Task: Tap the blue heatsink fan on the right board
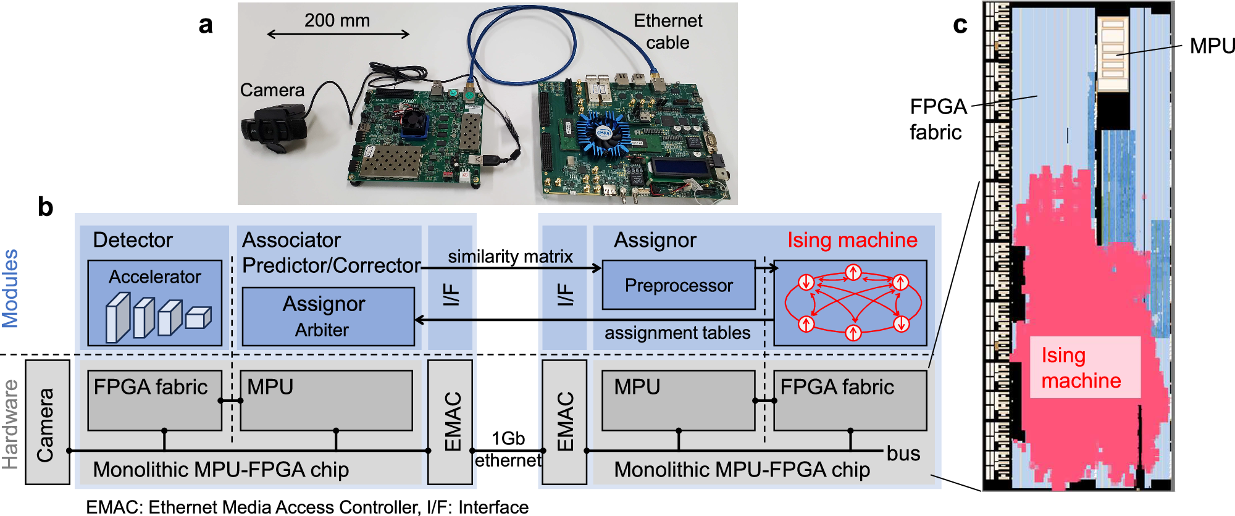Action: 603,134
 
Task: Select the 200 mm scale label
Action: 337,20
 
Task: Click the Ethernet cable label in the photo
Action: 668,31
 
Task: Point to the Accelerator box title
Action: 154,277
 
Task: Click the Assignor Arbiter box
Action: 328,316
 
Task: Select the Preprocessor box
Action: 678,285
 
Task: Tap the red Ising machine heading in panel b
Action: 852,240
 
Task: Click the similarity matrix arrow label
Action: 510,256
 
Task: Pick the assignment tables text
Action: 677,333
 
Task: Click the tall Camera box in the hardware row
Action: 47,423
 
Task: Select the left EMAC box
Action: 450,422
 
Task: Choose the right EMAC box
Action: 564,422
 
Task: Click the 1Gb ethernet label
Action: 508,449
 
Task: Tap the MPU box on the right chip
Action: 678,400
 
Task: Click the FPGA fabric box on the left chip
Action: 154,400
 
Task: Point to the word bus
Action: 903,453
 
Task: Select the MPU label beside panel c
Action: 1212,46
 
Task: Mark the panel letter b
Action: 45,207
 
